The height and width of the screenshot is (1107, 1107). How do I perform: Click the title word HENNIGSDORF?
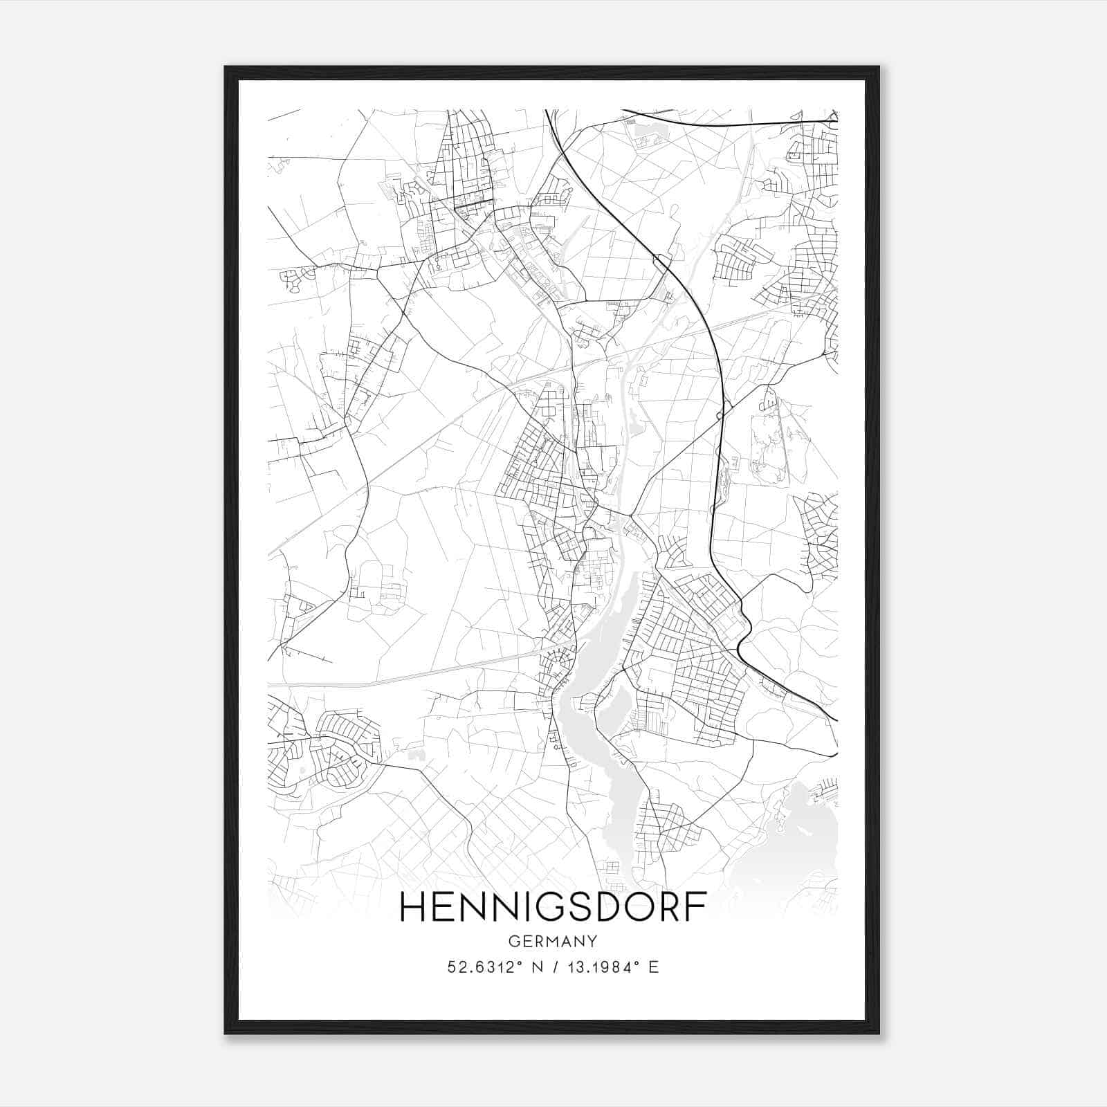(x=553, y=908)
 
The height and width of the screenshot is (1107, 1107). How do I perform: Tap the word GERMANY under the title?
(x=553, y=942)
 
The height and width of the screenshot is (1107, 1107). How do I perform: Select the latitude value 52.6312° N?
(x=493, y=967)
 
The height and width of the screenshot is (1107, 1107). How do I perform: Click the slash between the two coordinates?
(x=553, y=967)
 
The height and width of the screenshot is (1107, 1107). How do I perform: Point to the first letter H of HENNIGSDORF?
(x=412, y=908)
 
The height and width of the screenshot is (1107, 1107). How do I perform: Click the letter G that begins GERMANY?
(x=513, y=942)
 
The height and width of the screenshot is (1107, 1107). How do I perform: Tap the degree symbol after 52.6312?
(x=521, y=963)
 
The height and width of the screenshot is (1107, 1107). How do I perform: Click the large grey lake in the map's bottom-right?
(x=806, y=841)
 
